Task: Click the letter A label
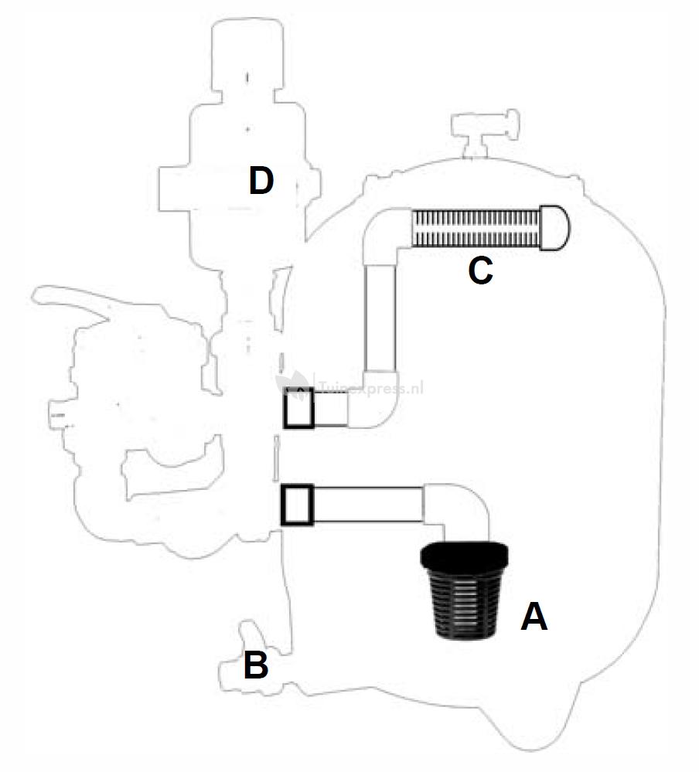534,617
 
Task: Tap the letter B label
256,666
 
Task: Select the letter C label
480,271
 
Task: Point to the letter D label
261,182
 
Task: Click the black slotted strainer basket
463,599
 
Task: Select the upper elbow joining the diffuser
384,235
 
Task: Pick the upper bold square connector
299,407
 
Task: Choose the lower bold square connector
296,505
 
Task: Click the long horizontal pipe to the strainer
368,505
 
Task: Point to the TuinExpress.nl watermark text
371,388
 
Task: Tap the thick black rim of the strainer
463,556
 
